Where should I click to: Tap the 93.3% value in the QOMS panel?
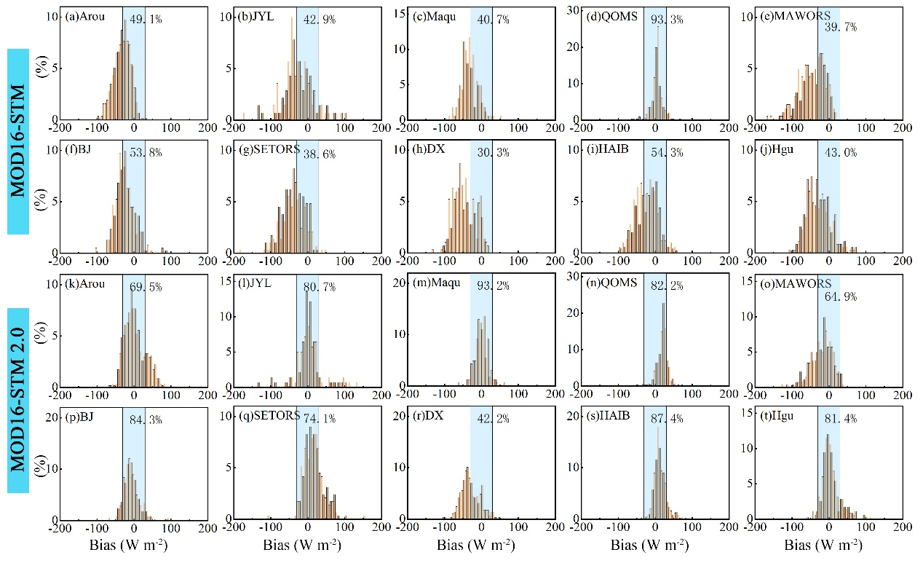click(668, 20)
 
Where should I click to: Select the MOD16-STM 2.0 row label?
click(18, 400)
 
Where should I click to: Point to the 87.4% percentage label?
click(668, 420)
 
